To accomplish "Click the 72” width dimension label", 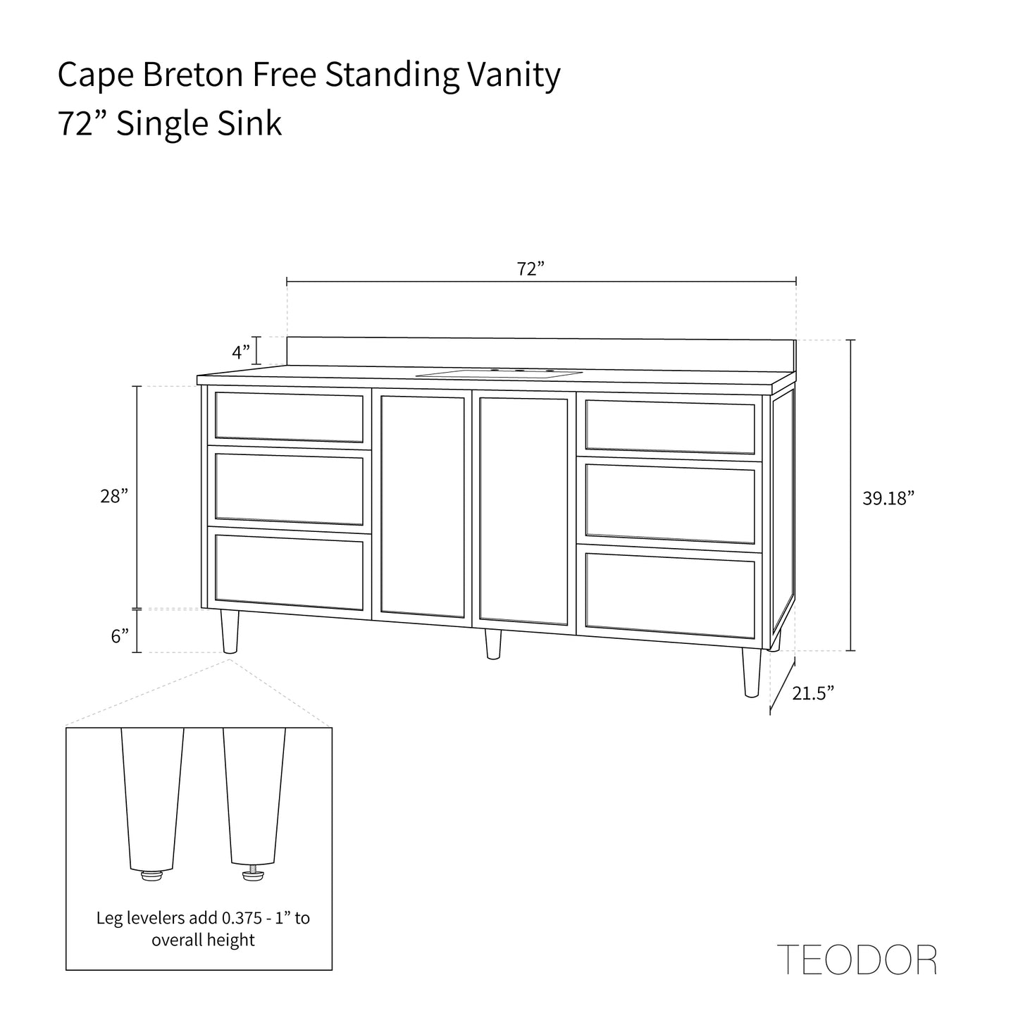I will tap(530, 269).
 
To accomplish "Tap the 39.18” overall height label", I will tap(888, 499).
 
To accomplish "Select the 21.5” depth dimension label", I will tap(813, 693).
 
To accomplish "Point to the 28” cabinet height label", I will tap(114, 496).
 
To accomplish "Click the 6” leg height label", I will tap(120, 636).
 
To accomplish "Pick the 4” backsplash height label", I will tap(241, 350).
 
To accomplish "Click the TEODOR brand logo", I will tap(856, 960).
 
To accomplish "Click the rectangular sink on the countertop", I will tap(499, 373).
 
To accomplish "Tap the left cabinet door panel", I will tap(423, 505).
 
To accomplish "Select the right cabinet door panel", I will tap(523, 511).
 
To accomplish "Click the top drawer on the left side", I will tap(289, 417).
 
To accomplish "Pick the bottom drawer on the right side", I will tap(669, 590).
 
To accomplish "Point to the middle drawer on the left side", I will tap(289, 489).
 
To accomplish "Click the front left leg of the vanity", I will tap(230, 632).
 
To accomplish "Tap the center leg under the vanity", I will tap(493, 644).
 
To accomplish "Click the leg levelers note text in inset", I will tap(203, 929).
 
